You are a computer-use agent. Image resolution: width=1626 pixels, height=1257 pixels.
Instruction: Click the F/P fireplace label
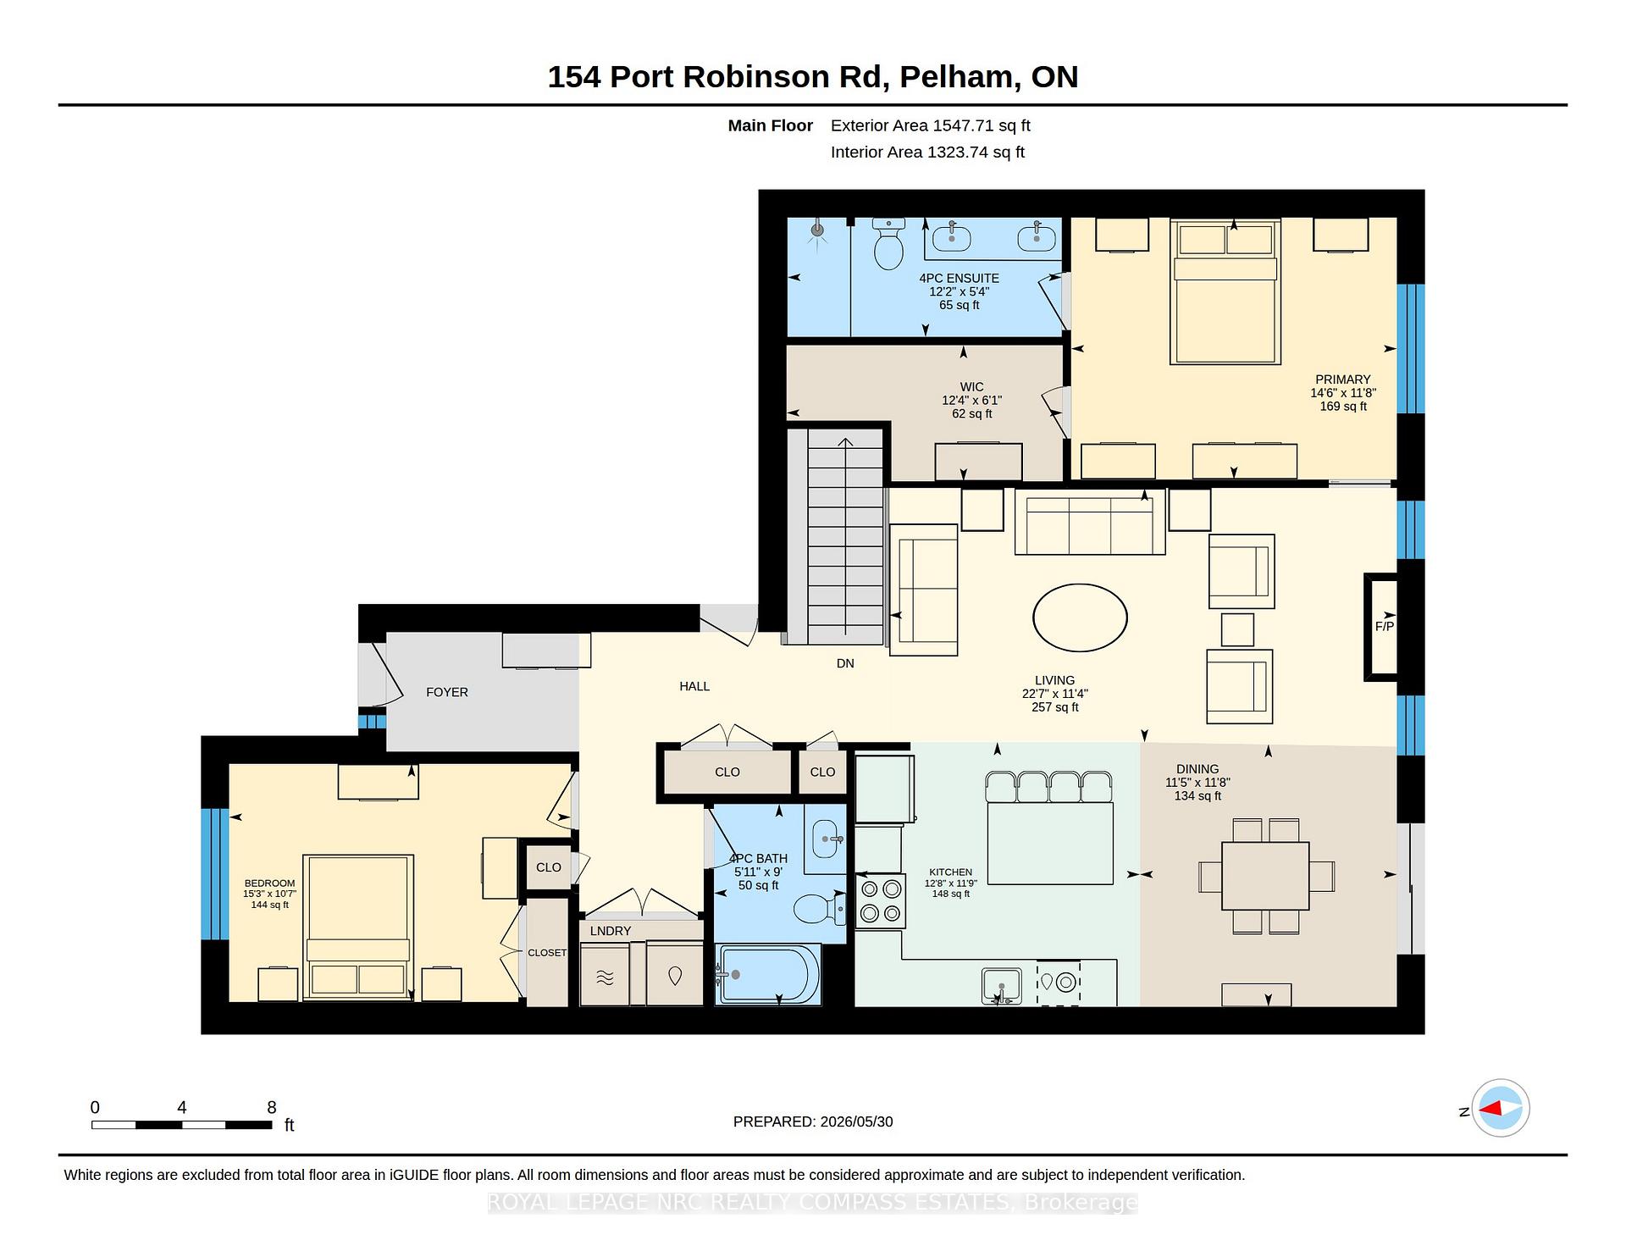pos(1384,627)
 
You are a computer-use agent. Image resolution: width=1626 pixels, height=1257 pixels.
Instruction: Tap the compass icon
pos(1501,1108)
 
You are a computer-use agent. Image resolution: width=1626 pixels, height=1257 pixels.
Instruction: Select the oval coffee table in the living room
pos(1080,617)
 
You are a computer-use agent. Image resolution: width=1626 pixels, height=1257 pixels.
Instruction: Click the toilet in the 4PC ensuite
pos(888,243)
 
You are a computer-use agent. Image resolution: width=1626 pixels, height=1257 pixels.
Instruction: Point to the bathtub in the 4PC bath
pos(768,974)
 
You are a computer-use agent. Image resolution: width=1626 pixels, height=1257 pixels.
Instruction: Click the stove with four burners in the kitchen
pos(880,901)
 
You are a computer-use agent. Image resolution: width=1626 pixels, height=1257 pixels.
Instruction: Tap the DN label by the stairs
pos(845,663)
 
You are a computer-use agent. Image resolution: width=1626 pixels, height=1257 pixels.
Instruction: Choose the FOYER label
pos(447,692)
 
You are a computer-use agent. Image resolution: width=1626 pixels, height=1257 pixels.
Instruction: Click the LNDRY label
pos(611,931)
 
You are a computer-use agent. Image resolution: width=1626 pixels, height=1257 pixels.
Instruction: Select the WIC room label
pos(972,387)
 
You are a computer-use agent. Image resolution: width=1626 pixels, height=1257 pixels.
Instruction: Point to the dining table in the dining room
pos(1266,876)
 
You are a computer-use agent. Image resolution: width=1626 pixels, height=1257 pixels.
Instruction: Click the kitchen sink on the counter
pos(1001,987)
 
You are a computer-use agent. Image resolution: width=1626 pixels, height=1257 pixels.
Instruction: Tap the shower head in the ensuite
pos(817,230)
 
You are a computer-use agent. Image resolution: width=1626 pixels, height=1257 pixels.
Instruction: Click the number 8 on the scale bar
pos(272,1107)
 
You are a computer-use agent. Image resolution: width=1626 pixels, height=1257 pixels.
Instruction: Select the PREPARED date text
pos(813,1121)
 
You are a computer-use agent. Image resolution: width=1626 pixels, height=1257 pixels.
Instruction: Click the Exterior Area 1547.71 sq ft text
pos(931,125)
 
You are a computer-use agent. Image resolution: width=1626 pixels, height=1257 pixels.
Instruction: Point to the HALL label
pos(694,686)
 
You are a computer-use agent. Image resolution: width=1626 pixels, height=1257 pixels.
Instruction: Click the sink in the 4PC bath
pos(825,839)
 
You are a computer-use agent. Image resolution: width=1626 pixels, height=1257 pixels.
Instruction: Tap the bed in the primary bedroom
pos(1225,291)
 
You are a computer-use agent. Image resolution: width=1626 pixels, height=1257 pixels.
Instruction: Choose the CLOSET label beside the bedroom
pos(547,953)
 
